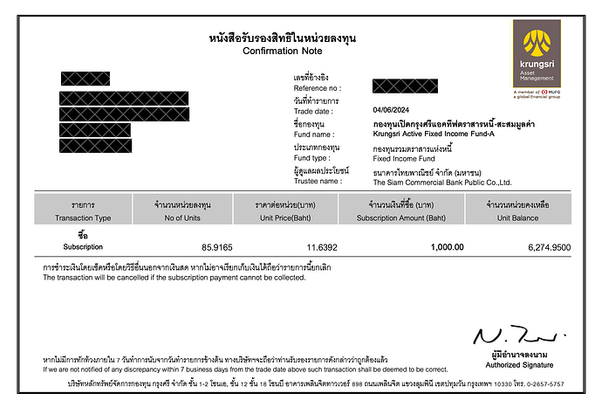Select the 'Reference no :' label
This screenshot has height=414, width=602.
[x=318, y=89]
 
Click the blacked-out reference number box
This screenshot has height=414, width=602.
[x=404, y=86]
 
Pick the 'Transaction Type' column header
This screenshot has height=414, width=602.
[x=83, y=217]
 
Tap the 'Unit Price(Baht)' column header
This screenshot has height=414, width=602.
[x=285, y=217]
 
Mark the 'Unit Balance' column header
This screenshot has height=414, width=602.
[x=523, y=217]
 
